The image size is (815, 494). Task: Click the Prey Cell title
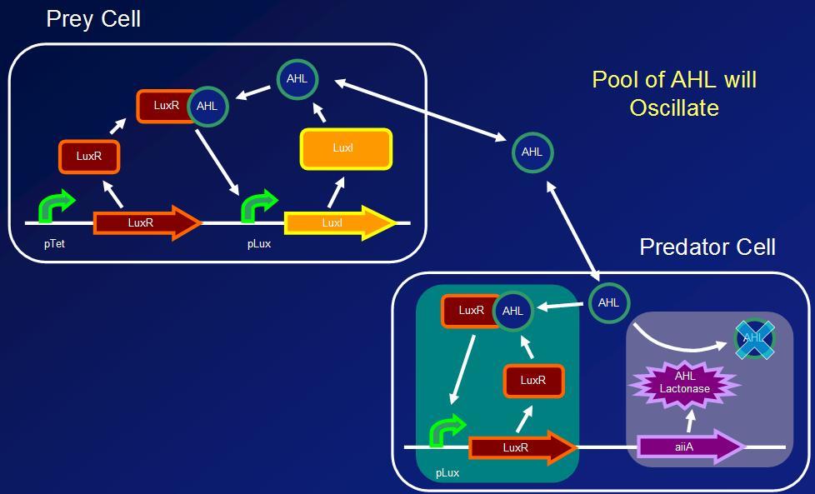pos(93,18)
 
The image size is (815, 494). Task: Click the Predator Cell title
pos(707,247)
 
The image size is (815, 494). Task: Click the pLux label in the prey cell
pos(258,245)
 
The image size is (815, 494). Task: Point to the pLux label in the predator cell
pos(447,472)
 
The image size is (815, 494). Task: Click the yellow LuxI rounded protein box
pos(345,149)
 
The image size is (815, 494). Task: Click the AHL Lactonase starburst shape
pos(685,382)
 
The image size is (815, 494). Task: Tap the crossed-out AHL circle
pos(754,338)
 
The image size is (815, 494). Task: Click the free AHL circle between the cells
pos(532,152)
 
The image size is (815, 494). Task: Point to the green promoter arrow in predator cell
pos(447,432)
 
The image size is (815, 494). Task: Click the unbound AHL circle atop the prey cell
pos(297,79)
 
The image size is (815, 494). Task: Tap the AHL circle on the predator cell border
pos(609,302)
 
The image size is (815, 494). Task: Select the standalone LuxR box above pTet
pos(88,156)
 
